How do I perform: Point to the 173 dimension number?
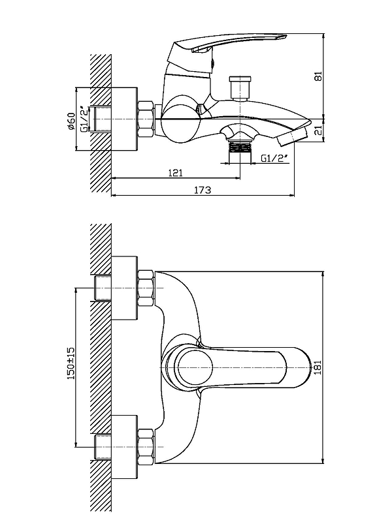(x=203, y=190)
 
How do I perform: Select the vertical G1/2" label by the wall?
(x=84, y=119)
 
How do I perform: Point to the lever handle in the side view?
(x=229, y=44)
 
